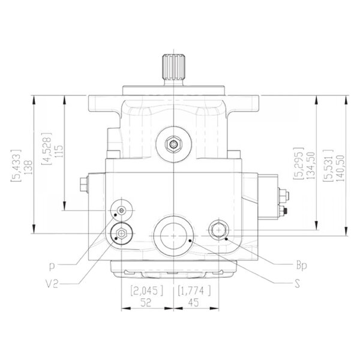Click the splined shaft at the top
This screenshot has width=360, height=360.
(x=173, y=70)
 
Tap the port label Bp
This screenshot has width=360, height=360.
(x=301, y=265)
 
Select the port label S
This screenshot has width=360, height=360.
(x=298, y=284)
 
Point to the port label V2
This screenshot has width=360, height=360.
(x=52, y=284)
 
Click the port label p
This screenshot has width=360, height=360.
(x=52, y=266)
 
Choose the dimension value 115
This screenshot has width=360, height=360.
(x=59, y=151)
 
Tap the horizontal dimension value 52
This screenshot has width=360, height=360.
(x=146, y=302)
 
